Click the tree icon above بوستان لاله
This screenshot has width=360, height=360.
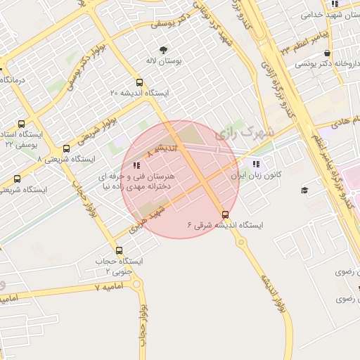[164, 50]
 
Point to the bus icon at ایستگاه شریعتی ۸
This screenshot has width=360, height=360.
[66, 148]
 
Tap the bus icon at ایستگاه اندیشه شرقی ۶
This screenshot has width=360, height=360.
[225, 214]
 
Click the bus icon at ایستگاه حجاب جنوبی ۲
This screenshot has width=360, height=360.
[118, 250]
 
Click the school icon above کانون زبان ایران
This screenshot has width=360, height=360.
[255, 164]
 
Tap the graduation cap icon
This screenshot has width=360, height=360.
[304, 190]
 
